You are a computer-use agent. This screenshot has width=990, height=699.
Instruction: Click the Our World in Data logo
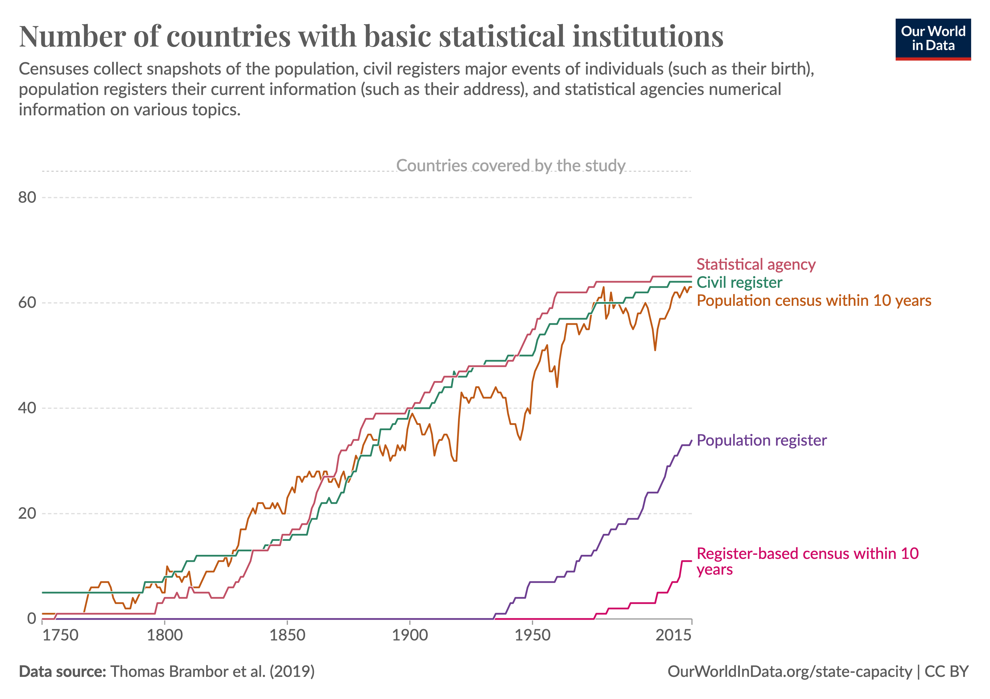[x=933, y=39]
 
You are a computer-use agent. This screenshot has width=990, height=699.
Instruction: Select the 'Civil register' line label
[x=739, y=283]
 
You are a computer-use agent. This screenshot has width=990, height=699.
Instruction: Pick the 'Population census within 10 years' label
[x=814, y=301]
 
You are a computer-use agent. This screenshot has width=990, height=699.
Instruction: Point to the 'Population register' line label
[x=761, y=440]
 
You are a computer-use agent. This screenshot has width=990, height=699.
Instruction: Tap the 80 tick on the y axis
[x=27, y=197]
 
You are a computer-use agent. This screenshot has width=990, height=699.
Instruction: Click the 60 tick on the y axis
[x=27, y=303]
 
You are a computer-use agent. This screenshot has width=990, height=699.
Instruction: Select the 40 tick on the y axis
[x=27, y=408]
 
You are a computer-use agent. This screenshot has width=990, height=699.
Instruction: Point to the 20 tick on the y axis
[x=27, y=513]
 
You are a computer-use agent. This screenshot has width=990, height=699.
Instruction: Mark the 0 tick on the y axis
[x=31, y=618]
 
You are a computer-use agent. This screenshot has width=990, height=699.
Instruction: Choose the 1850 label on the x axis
[x=287, y=636]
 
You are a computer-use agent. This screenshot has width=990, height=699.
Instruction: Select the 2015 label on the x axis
[x=673, y=636]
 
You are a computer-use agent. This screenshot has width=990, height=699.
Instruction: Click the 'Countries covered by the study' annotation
[x=510, y=166]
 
